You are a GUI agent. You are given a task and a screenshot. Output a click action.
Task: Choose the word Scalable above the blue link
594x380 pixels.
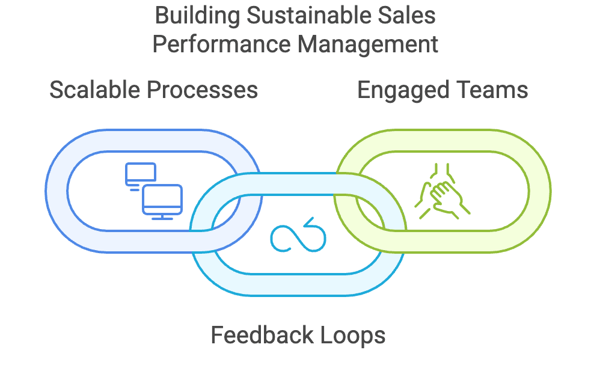(x=94, y=90)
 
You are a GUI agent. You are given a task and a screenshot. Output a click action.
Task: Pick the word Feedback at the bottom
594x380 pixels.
(x=259, y=335)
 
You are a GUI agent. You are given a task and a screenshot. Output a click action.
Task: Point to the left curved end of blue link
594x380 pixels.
(x=57, y=191)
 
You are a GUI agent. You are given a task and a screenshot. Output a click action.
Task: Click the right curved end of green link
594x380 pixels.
(x=539, y=191)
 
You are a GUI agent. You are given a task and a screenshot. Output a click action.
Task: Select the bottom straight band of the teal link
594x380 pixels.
(x=298, y=284)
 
